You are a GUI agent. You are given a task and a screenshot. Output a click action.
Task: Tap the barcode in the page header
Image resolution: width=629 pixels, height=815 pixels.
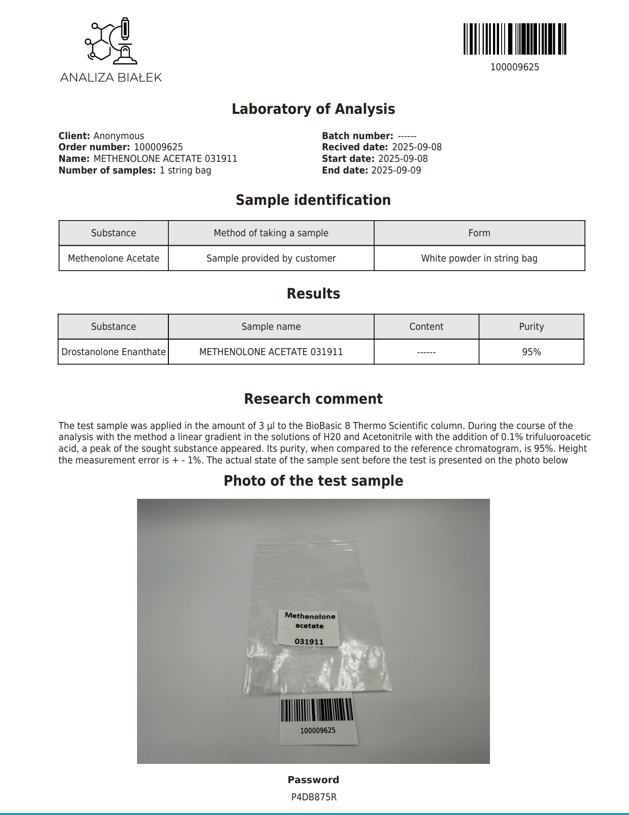point(515,39)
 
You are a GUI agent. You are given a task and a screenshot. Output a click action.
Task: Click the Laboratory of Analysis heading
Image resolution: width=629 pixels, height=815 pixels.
point(313,109)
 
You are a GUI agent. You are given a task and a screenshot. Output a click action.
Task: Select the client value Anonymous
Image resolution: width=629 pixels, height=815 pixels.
point(119,136)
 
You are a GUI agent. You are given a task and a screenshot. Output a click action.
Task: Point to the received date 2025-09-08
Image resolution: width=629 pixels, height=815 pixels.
point(417,147)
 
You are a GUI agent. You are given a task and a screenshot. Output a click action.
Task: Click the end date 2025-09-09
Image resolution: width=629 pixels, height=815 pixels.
point(396,170)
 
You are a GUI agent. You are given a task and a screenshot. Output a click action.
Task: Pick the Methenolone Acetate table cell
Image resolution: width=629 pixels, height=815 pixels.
point(113,258)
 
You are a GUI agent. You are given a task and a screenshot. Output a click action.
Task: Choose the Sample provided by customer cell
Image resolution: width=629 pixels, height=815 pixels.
point(271,258)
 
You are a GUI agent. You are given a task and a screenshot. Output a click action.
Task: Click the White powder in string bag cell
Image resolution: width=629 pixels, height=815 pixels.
point(479,258)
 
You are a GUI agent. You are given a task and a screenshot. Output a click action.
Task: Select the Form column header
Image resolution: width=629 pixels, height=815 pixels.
point(479,233)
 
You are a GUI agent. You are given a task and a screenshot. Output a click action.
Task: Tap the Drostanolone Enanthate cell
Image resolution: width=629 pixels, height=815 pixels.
point(113,352)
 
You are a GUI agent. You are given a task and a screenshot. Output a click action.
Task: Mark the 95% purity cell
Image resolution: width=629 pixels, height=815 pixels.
point(531,352)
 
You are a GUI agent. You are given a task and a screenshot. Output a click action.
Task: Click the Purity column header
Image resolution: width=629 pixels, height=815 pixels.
point(531,326)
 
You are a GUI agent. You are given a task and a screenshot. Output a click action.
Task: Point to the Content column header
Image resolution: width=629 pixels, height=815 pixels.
point(426,326)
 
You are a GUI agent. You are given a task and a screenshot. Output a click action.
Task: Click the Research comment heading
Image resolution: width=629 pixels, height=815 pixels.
point(313,399)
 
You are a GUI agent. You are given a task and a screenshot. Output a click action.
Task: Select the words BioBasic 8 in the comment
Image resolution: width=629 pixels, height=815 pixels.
point(328,425)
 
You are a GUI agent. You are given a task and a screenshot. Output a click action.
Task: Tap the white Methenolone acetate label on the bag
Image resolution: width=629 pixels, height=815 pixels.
point(309,628)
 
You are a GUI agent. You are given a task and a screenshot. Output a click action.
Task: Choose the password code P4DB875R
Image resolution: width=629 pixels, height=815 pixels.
point(313,797)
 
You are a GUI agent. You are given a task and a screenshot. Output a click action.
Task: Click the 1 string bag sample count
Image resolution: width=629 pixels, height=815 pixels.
point(185,170)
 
